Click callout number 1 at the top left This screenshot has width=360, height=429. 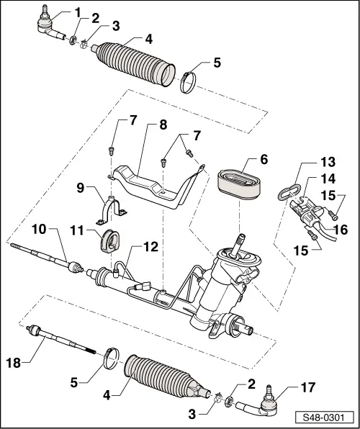[78, 12]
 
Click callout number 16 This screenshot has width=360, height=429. [341, 230]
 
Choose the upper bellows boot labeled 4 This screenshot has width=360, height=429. [132, 69]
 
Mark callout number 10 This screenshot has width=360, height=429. [39, 230]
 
